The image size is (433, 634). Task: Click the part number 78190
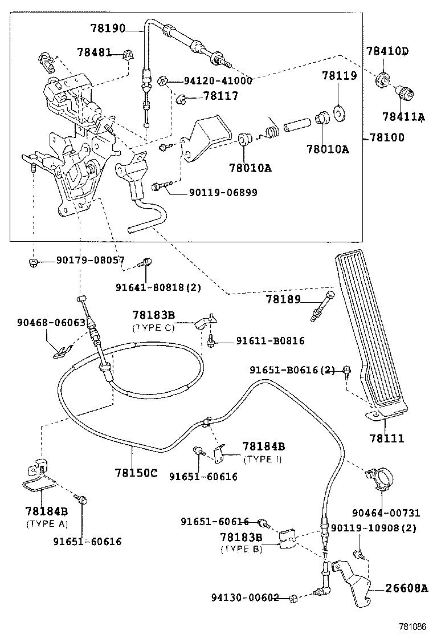tap(108, 27)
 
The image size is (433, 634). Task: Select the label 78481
tap(94, 52)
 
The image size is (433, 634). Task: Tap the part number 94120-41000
tap(218, 81)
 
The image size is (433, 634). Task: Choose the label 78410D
tap(387, 52)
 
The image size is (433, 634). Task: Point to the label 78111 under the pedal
tap(386, 438)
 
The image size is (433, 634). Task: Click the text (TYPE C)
tap(152, 328)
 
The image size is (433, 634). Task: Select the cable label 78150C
tap(136, 473)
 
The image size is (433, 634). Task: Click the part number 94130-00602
tap(245, 598)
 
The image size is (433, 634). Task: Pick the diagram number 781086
tap(411, 626)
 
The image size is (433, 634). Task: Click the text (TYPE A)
tap(47, 523)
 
